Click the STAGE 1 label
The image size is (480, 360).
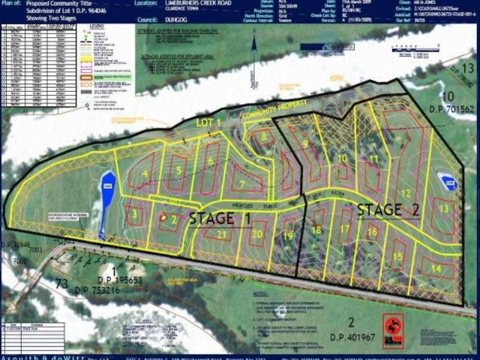(x=220, y=218)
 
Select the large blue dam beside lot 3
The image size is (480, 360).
(x=107, y=202)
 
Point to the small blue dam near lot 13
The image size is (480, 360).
(x=448, y=181)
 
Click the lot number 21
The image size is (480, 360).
(x=221, y=235)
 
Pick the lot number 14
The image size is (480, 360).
(x=436, y=269)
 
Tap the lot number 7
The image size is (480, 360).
(x=241, y=184)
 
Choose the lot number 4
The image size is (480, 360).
(x=146, y=174)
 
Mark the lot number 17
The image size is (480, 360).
(x=344, y=229)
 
